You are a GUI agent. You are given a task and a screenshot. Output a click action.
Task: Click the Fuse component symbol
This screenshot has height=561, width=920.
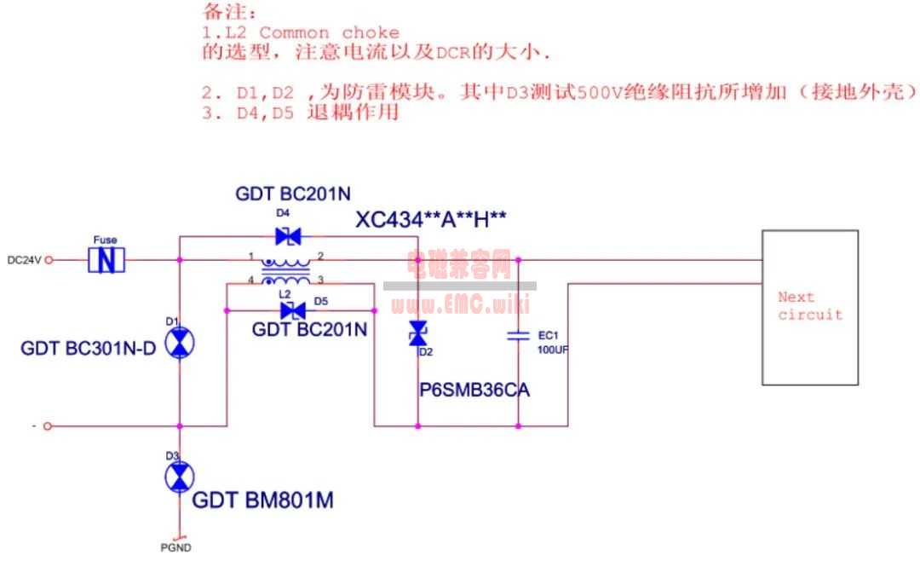click(x=107, y=259)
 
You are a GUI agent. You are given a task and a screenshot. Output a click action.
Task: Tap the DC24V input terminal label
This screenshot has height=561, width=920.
click(x=23, y=260)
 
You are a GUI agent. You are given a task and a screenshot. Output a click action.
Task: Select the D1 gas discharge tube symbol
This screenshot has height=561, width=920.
click(x=179, y=343)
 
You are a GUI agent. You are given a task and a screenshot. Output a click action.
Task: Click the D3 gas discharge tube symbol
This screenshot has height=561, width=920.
click(x=179, y=477)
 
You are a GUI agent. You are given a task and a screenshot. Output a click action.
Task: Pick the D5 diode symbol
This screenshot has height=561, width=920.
click(x=293, y=310)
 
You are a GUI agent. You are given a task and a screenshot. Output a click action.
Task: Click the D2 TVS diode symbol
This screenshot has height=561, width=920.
click(x=418, y=334)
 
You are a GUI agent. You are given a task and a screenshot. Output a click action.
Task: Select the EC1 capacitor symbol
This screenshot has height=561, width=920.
click(x=518, y=336)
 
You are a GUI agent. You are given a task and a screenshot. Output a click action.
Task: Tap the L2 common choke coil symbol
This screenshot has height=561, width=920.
click(x=285, y=271)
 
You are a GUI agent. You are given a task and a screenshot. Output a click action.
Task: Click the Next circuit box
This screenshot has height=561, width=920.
click(x=809, y=307)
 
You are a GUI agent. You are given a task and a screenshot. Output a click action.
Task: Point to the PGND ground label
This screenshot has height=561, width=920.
click(x=175, y=547)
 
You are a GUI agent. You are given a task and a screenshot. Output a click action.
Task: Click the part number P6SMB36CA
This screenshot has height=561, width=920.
click(x=474, y=390)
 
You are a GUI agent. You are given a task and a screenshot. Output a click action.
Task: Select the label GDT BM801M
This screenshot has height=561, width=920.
click(x=262, y=500)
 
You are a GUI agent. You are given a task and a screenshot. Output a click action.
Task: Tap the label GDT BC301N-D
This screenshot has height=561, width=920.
click(x=89, y=348)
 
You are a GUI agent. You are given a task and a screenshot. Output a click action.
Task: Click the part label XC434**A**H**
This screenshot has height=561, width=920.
click(x=431, y=220)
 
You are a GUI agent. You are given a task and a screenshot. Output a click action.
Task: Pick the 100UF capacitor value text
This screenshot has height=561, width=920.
click(x=552, y=350)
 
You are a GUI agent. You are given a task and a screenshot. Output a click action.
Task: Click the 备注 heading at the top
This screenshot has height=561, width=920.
click(x=228, y=12)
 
